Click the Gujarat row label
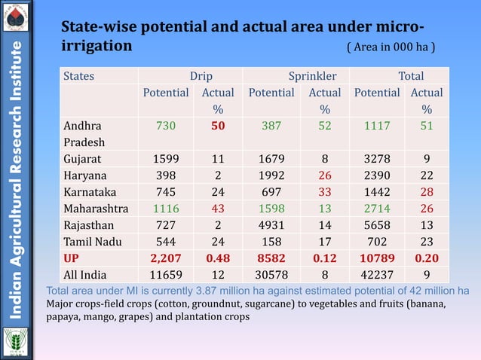(82, 160)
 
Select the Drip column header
(201, 76)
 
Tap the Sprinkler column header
(312, 76)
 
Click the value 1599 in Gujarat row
(166, 160)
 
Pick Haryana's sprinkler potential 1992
(271, 175)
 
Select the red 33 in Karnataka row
(325, 192)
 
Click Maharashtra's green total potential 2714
(377, 209)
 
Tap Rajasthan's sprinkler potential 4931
(271, 225)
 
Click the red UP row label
(72, 258)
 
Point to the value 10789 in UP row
(377, 258)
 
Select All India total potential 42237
(377, 275)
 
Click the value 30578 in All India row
(271, 275)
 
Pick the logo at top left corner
(16, 16)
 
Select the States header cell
(79, 76)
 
